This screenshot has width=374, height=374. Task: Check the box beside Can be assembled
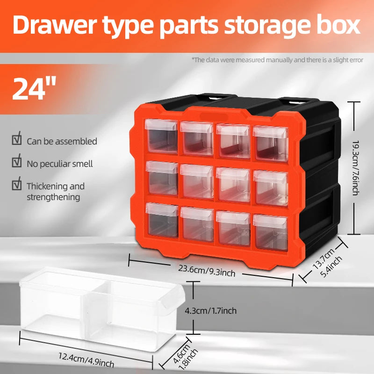(17, 140)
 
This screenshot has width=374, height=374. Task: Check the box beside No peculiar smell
(17, 163)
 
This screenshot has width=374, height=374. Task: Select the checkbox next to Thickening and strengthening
(17, 185)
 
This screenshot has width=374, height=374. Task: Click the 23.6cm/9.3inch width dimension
(206, 269)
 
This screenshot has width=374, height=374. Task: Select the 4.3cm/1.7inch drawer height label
(211, 310)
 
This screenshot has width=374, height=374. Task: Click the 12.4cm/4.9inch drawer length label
(86, 359)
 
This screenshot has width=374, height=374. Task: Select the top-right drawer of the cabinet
(270, 143)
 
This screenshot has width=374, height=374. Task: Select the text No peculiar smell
(59, 164)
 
